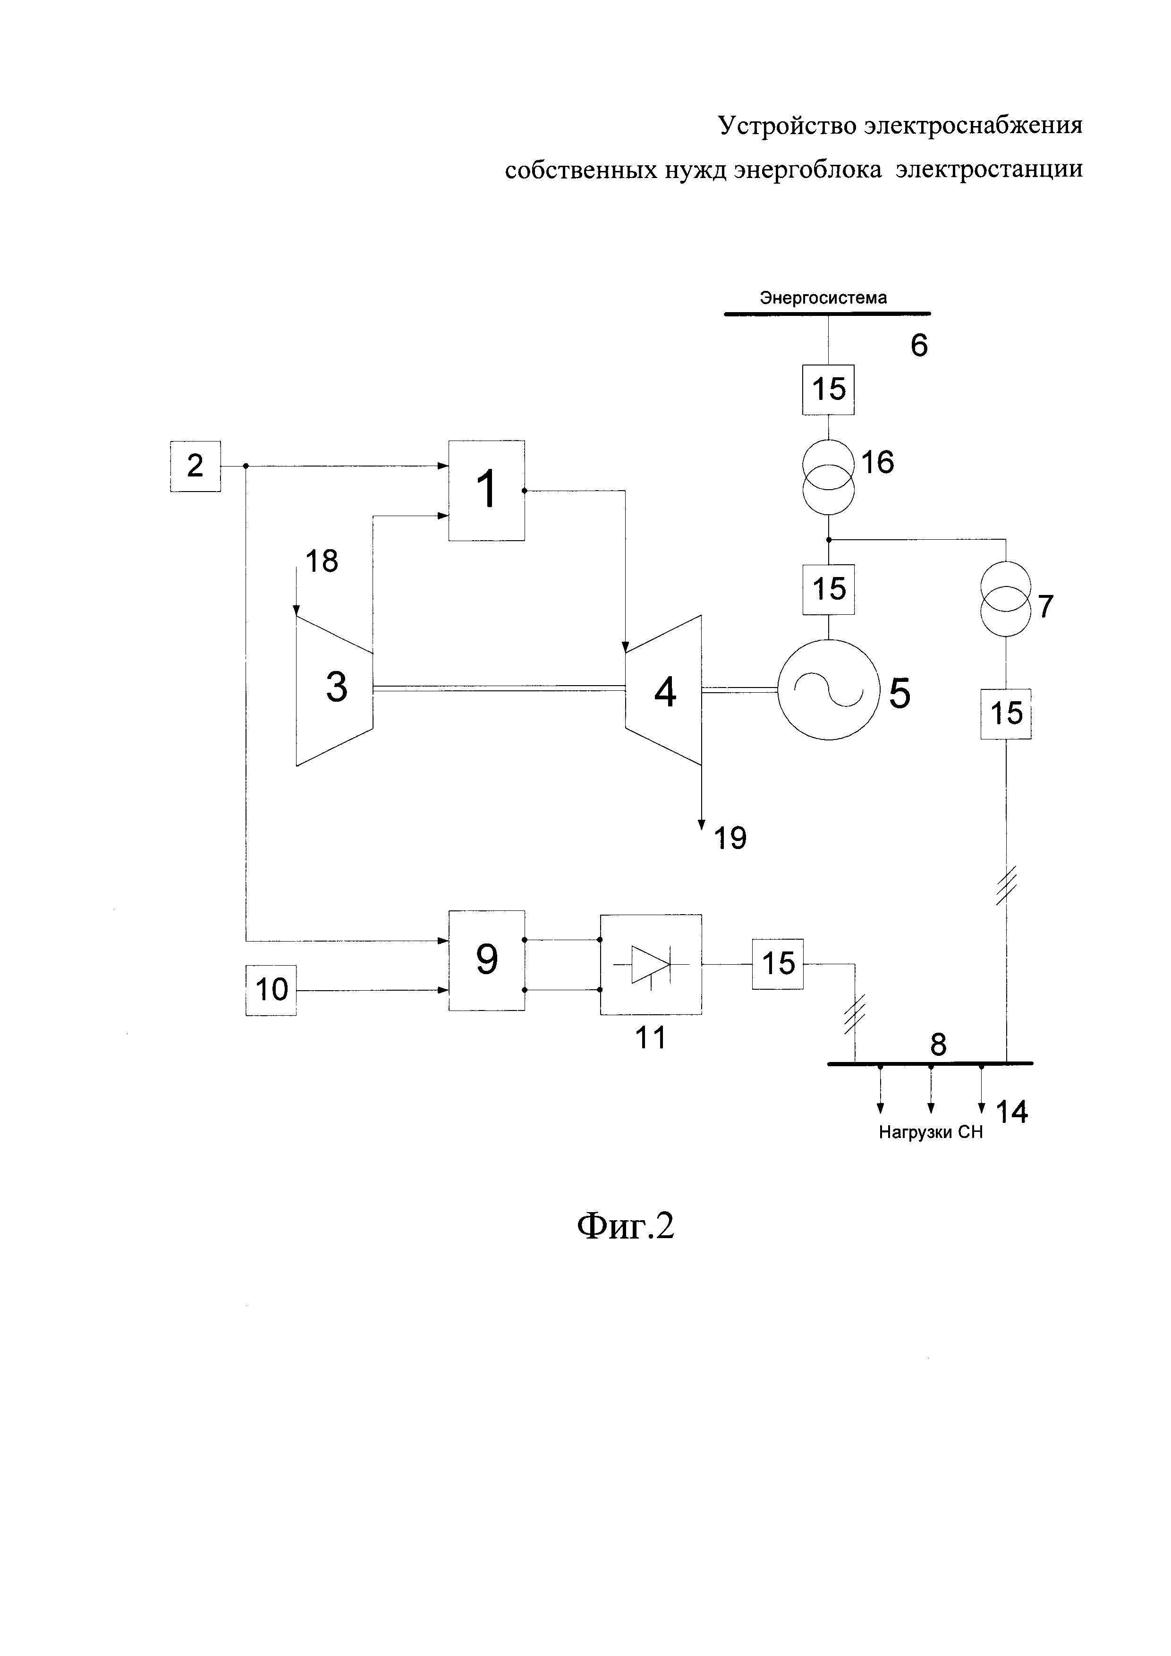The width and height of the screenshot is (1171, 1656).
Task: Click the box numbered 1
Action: (x=487, y=491)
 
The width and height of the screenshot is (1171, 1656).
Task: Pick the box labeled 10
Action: (x=271, y=990)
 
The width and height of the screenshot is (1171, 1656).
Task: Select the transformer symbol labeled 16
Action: (x=829, y=477)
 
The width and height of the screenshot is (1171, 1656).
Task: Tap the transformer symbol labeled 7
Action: (x=1006, y=599)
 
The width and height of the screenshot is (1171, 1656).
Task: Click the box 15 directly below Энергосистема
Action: (x=829, y=390)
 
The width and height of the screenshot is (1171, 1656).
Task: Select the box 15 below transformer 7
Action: (x=1006, y=713)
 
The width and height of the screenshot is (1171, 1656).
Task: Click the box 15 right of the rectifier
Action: (x=778, y=964)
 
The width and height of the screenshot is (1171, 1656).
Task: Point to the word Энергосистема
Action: (x=823, y=297)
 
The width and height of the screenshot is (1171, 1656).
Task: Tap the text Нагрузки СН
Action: (x=930, y=1132)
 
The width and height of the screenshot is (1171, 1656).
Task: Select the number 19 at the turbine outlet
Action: (x=730, y=838)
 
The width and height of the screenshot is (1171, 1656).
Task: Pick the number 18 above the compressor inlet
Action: (x=322, y=560)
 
